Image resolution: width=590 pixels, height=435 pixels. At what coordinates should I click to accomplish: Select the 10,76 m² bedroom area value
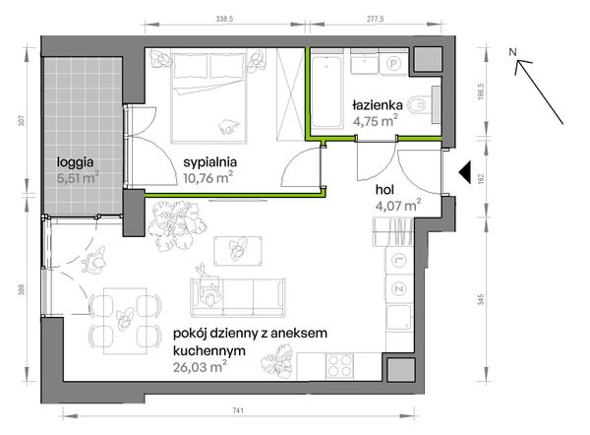[207, 179]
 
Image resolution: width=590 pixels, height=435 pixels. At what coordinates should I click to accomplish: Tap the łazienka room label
[375, 105]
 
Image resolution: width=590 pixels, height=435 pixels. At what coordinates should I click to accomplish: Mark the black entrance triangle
[463, 172]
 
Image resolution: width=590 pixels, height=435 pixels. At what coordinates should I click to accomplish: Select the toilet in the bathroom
[422, 101]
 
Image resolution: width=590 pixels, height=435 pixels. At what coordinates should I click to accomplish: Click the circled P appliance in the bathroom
[391, 62]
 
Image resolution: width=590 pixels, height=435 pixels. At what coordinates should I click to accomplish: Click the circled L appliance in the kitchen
[399, 260]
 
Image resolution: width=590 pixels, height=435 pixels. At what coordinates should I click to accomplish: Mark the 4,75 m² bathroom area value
[375, 122]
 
